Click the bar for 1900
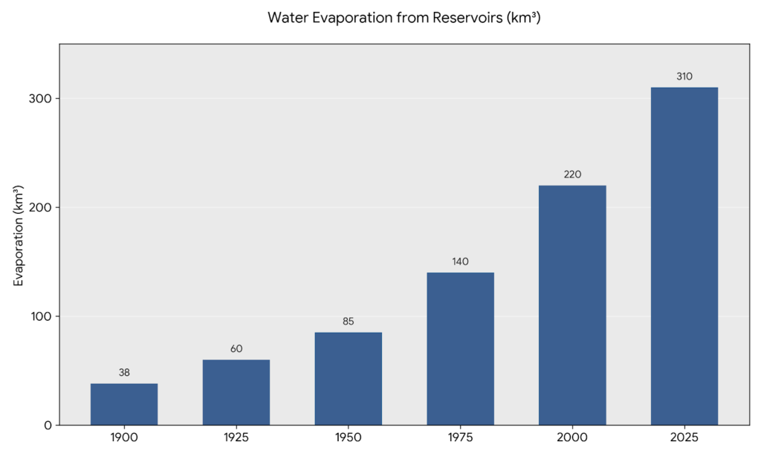point(124,404)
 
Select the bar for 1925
point(236,392)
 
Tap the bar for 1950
point(349,379)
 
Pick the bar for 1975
point(460,349)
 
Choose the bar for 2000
point(572,305)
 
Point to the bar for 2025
point(684,256)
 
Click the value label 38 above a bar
point(124,373)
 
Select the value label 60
point(236,349)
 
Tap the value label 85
point(349,322)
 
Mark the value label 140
point(460,261)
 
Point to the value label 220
point(572,175)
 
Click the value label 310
point(684,76)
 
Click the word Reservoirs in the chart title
point(466,18)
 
